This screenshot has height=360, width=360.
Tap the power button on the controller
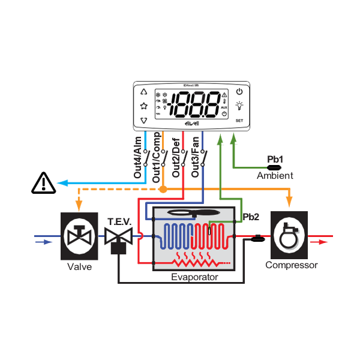[x=240, y=92]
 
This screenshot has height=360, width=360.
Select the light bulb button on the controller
[x=240, y=106]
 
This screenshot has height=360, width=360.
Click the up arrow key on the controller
[x=143, y=92]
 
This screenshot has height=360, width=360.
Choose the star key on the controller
[x=143, y=106]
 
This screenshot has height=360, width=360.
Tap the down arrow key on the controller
[x=143, y=121]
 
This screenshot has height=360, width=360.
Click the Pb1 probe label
[x=275, y=159]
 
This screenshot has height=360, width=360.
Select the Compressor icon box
[x=290, y=235]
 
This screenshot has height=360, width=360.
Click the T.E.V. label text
[x=119, y=221]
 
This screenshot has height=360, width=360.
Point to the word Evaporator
[x=194, y=277]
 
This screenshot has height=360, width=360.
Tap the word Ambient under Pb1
[x=275, y=176]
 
